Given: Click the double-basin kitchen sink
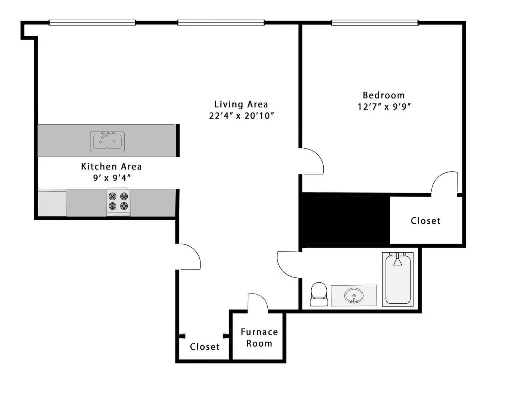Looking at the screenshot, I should tap(107, 142).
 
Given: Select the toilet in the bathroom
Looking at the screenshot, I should tap(319, 294).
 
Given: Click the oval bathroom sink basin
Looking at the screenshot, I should tap(354, 295).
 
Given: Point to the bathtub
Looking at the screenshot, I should tap(398, 279).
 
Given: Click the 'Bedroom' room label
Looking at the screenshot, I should tap(383, 95).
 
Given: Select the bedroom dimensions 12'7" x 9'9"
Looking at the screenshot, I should tap(384, 106).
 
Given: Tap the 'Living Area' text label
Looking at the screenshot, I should tap(241, 104).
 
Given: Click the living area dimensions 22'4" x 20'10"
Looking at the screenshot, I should tap(241, 115).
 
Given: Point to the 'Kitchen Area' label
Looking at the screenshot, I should tap(111, 166).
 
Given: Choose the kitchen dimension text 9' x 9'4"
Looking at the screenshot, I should tap(112, 177).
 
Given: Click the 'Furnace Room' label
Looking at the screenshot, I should tap(259, 338).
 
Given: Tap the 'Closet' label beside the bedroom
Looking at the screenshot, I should tap(425, 221).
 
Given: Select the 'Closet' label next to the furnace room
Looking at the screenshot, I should tap(205, 347).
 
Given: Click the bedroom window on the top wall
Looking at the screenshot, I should tap(374, 23).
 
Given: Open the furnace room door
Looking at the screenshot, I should tap(258, 303).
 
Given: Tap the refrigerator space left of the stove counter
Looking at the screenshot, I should tap(52, 203).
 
